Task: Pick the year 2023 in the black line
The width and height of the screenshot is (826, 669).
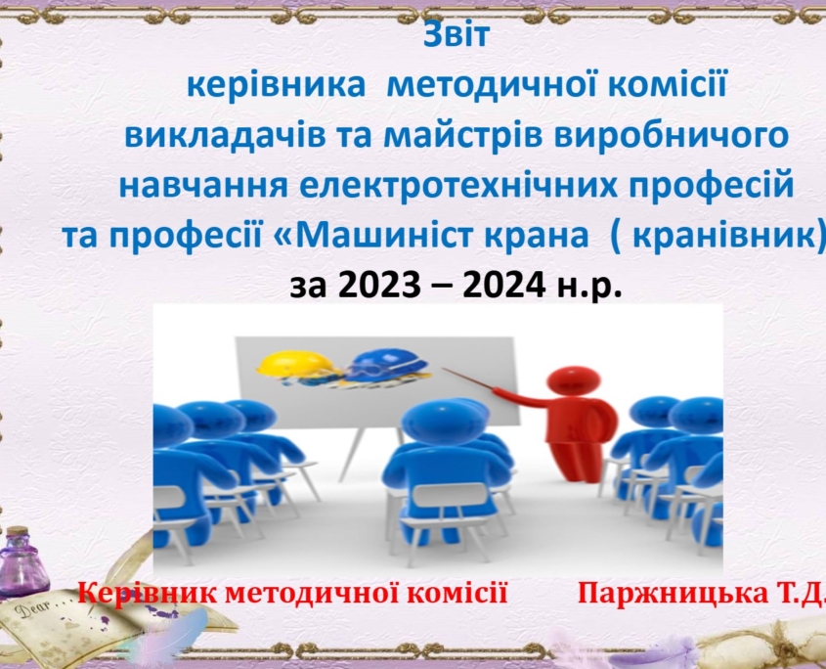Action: pyautogui.click(x=379, y=286)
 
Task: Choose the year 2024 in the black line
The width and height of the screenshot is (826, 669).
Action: pyautogui.click(x=503, y=286)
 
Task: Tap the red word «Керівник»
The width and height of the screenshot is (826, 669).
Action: pyautogui.click(x=147, y=594)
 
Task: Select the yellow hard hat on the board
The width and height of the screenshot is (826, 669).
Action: pyautogui.click(x=296, y=366)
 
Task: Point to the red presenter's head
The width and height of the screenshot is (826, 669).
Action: pyautogui.click(x=573, y=380)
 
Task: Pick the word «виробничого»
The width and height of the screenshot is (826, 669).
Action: pyautogui.click(x=672, y=136)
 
